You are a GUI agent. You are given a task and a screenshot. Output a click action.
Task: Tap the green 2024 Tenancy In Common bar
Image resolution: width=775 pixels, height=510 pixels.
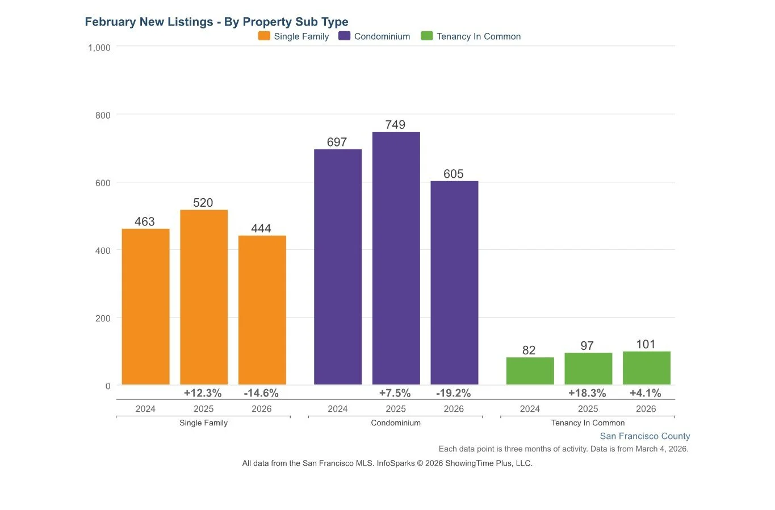tap(530, 371)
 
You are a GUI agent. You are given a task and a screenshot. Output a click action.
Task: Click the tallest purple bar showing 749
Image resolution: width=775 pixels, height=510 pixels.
tap(396, 258)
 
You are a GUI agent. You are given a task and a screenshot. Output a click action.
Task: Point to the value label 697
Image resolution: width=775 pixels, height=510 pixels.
tap(337, 142)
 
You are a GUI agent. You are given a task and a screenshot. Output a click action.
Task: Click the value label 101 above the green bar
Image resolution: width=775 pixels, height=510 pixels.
tap(646, 344)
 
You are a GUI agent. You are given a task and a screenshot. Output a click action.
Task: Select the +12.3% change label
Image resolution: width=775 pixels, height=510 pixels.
tap(203, 393)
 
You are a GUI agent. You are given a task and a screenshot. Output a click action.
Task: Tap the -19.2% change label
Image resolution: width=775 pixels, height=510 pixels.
tap(453, 393)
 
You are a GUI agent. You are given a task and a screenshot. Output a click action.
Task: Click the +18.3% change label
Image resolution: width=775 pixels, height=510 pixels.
tap(587, 393)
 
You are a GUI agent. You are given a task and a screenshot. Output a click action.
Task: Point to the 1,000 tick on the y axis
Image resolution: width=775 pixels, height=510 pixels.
tap(99, 48)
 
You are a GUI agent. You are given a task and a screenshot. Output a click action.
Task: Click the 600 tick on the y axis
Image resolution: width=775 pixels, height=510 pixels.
tap(103, 183)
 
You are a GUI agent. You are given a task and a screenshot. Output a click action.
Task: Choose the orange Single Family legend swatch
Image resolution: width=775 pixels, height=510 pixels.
tap(264, 36)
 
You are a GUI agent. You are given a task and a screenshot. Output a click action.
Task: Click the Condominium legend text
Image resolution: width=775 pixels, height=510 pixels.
tap(382, 36)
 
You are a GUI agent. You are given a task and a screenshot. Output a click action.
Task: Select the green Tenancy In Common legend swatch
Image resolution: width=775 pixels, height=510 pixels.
tap(426, 36)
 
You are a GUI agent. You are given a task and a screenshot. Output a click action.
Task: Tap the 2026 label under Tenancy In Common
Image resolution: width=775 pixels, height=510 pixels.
tap(646, 409)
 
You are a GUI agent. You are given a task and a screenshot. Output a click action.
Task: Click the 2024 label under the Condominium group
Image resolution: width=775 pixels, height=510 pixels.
tap(337, 409)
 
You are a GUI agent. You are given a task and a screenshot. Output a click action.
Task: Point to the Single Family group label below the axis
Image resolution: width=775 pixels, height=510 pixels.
tap(203, 423)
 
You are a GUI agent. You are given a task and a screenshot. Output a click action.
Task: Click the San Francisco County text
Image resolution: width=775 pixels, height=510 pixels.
tap(644, 436)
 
